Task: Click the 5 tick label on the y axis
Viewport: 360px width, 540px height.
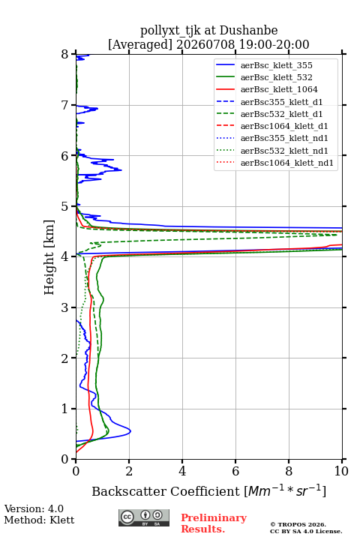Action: [65, 207]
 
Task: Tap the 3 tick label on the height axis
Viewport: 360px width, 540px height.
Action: [65, 307]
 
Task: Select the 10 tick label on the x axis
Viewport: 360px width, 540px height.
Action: [341, 471]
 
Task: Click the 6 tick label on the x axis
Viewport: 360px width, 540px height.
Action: [235, 471]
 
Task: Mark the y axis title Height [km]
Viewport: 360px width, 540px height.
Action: [49, 257]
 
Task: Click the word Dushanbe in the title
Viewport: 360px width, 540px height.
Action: [248, 31]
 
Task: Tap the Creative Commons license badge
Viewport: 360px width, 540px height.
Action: [144, 517]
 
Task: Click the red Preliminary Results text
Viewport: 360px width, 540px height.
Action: [214, 523]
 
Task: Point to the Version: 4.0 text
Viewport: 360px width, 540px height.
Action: [34, 508]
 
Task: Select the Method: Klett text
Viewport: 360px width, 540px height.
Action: [39, 520]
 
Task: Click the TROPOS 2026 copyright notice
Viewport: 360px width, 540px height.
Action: [298, 524]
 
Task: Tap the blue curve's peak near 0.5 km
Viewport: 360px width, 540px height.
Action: [130, 431]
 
